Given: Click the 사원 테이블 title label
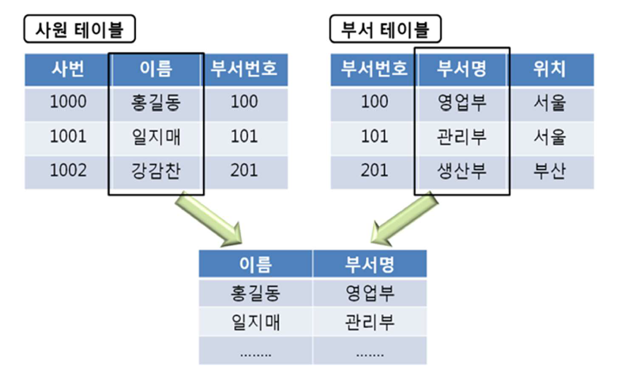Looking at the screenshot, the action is pos(79,29).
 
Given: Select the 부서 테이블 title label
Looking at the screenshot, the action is pos(385,29).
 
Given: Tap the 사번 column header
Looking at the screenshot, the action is pos(68,69).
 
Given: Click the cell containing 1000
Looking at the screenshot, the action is pos(68,102).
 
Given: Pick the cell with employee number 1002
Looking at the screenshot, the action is pos(68,170).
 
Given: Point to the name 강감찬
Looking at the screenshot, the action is pos(156,170).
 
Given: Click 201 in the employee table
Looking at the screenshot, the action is pos(244,170).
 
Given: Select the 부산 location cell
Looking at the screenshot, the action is pos(550,170).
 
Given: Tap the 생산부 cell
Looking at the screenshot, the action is pos(462,170).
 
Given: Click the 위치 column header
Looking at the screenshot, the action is pos(550,69).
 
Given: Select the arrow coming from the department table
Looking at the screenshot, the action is pos(403,219).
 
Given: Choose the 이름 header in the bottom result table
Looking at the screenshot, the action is pos(255,264).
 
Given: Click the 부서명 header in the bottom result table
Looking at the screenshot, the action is pos(369,264).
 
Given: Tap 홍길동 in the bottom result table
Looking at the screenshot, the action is pos(255,293).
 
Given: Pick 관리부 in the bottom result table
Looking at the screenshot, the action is pos(369,321).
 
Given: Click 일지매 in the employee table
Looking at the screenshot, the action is pos(156,136).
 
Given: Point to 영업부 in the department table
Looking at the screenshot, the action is pos(462,102).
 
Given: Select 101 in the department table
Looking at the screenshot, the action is pos(374,136).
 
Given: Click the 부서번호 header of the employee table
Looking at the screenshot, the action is pos(244,69).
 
